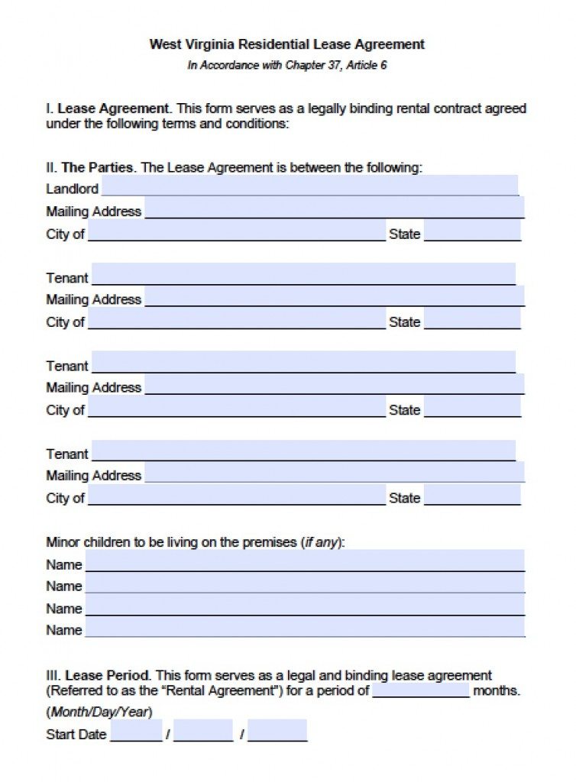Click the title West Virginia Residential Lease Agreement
pos(286,44)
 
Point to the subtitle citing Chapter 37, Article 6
pos(286,65)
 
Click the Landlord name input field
pos(309,186)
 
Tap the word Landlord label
pos(72,189)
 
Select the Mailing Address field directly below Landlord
pos(334,208)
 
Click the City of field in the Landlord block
pos(237,231)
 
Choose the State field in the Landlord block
pos(472,231)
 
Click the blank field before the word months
pos(421,690)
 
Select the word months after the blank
pos(497,691)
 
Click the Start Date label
pos(76,735)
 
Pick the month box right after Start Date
pos(137,732)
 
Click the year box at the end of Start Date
pos(277,732)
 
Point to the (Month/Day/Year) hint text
pos(99,713)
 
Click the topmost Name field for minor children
pos(305,562)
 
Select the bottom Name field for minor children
pos(305,628)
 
